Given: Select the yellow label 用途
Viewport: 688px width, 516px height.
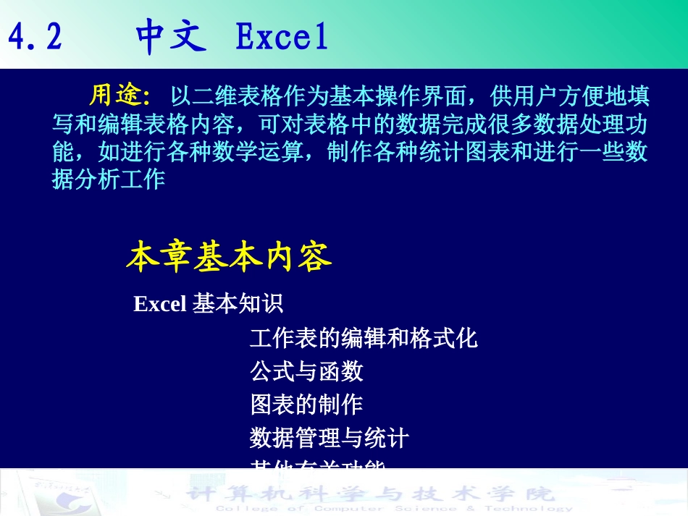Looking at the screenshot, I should coord(117,94).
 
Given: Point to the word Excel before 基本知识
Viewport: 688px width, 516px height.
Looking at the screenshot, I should coord(160,305).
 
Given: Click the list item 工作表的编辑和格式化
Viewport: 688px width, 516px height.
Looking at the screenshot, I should coord(364,338).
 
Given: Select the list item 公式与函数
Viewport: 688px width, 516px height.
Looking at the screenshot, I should coord(306,372).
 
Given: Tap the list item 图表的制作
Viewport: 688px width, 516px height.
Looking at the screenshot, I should coord(306,405).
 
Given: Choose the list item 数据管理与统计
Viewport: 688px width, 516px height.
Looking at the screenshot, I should coord(330,438).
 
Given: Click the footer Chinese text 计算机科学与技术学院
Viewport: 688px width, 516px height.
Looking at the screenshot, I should coord(369,494).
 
